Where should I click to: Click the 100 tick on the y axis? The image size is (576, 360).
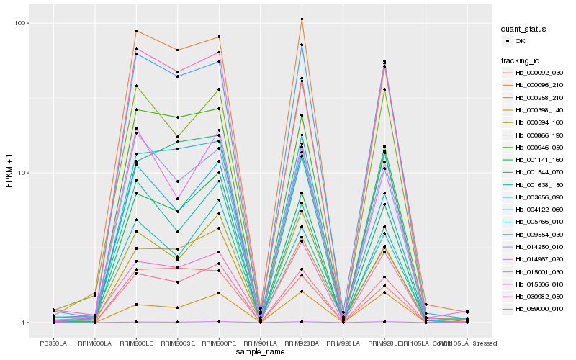point(22,23)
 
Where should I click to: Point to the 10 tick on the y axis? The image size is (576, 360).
point(23,173)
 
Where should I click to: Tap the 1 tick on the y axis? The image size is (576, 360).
point(25,323)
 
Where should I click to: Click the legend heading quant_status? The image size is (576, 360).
point(525,29)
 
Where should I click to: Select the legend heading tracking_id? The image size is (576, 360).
point(521,60)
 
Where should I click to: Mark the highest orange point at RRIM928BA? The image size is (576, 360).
point(302,19)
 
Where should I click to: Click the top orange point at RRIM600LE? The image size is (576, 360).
point(136,31)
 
